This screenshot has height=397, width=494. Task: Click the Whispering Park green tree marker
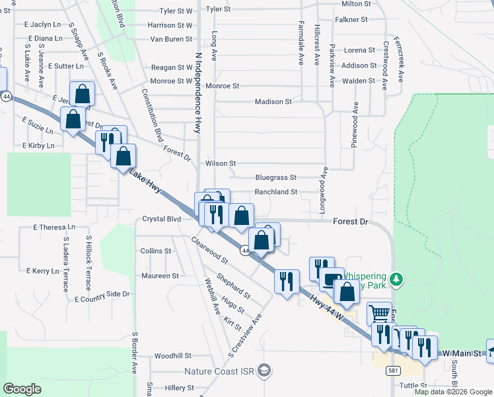pyautogui.click(x=396, y=279)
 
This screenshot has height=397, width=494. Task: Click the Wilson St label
pyautogui.click(x=221, y=163)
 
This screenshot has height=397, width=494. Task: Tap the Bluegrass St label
pyautogui.click(x=276, y=178)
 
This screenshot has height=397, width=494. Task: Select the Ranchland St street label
pyautogui.click(x=276, y=192)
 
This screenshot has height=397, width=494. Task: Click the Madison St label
pyautogui.click(x=273, y=102)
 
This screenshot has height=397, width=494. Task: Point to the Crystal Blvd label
pyautogui.click(x=162, y=219)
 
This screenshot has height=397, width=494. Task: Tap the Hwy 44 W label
pyautogui.click(x=328, y=308)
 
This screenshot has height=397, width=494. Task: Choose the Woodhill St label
pyautogui.click(x=173, y=356)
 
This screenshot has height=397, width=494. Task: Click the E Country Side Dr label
pyautogui.click(x=102, y=296)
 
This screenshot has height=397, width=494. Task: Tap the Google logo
pyautogui.click(x=22, y=388)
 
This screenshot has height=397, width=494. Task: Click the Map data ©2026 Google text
pyautogui.click(x=453, y=392)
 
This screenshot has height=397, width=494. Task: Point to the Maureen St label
pyautogui.click(x=160, y=276)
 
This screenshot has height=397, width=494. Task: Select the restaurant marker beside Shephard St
pyautogui.click(x=286, y=281)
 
